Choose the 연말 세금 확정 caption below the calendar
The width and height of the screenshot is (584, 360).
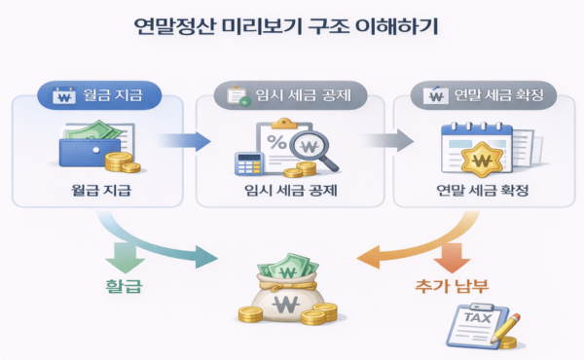pos(484,189)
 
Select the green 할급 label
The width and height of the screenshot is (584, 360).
pos(123,288)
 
